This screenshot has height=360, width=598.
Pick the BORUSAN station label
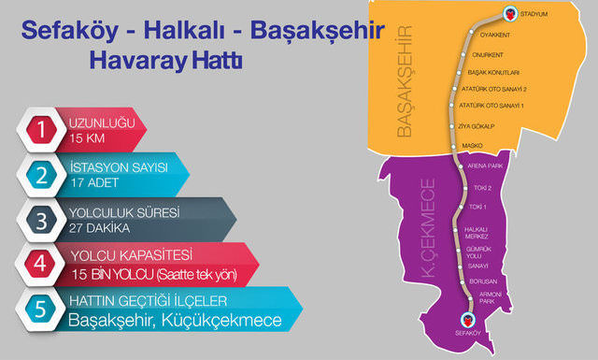tap(483, 281)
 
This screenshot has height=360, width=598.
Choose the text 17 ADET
tap(94, 182)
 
